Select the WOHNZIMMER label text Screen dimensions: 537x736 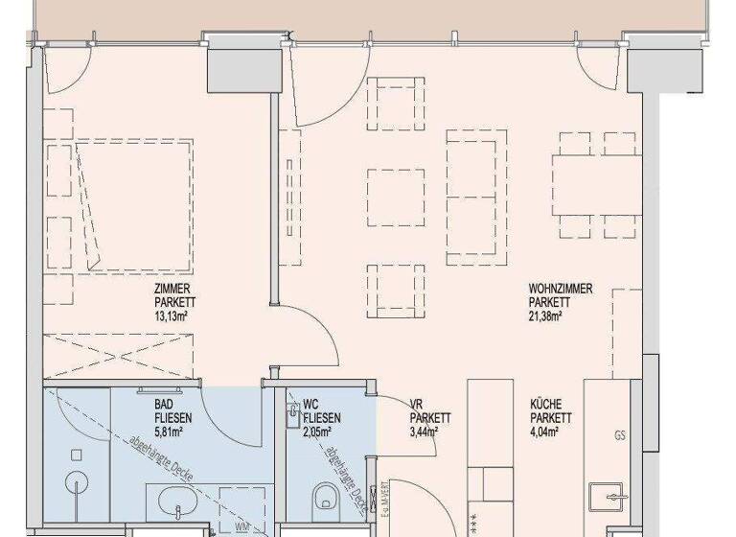pyautogui.click(x=562, y=287)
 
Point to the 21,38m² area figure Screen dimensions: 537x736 pyautogui.click(x=544, y=314)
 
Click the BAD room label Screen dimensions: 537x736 pyautogui.click(x=164, y=405)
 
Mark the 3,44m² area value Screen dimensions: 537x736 pyautogui.click(x=424, y=432)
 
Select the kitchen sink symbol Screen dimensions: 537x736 pyautogui.click(x=610, y=498)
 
